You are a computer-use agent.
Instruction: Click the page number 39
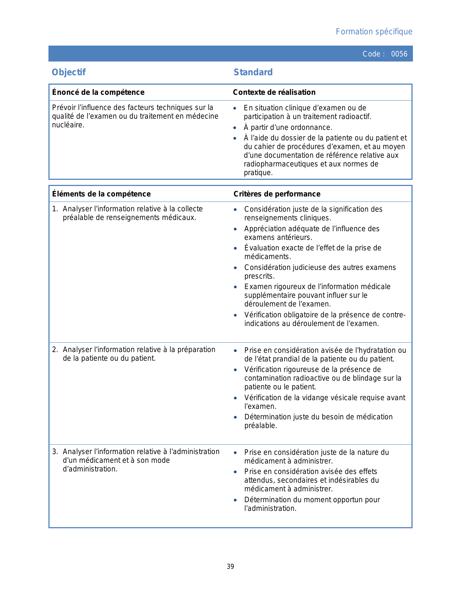[230, 567]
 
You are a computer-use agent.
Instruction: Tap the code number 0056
[399, 54]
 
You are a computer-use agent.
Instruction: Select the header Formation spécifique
[374, 32]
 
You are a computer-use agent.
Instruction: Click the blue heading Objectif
[69, 72]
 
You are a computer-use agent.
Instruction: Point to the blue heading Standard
[253, 72]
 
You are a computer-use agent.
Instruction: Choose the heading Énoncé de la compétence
[98, 92]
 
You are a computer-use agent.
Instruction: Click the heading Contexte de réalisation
[274, 92]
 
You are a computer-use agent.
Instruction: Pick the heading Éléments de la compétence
[101, 194]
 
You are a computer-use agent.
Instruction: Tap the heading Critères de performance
[277, 194]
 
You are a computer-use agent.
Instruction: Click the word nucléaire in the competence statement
[68, 125]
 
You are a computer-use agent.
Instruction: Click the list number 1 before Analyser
[54, 209]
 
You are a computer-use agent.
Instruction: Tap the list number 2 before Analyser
[54, 350]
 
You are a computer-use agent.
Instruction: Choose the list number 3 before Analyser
[54, 452]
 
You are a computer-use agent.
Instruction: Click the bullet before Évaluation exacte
[235, 249]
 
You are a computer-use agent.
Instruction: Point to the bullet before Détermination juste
[235, 418]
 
